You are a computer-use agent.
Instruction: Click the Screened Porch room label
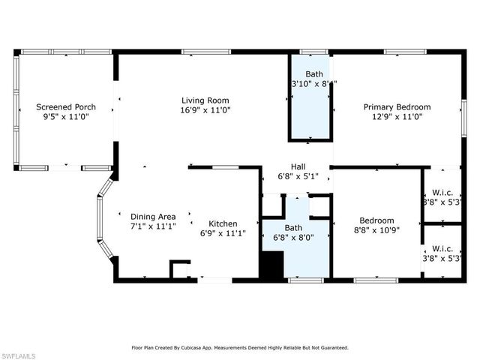65,107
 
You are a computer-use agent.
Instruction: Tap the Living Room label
205,100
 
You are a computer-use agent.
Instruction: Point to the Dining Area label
153,217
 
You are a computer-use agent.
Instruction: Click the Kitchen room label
223,223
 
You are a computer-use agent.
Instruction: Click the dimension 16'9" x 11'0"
205,109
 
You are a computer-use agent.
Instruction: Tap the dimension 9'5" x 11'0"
65,117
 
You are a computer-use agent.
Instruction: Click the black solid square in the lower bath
271,265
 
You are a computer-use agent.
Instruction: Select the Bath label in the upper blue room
313,74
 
